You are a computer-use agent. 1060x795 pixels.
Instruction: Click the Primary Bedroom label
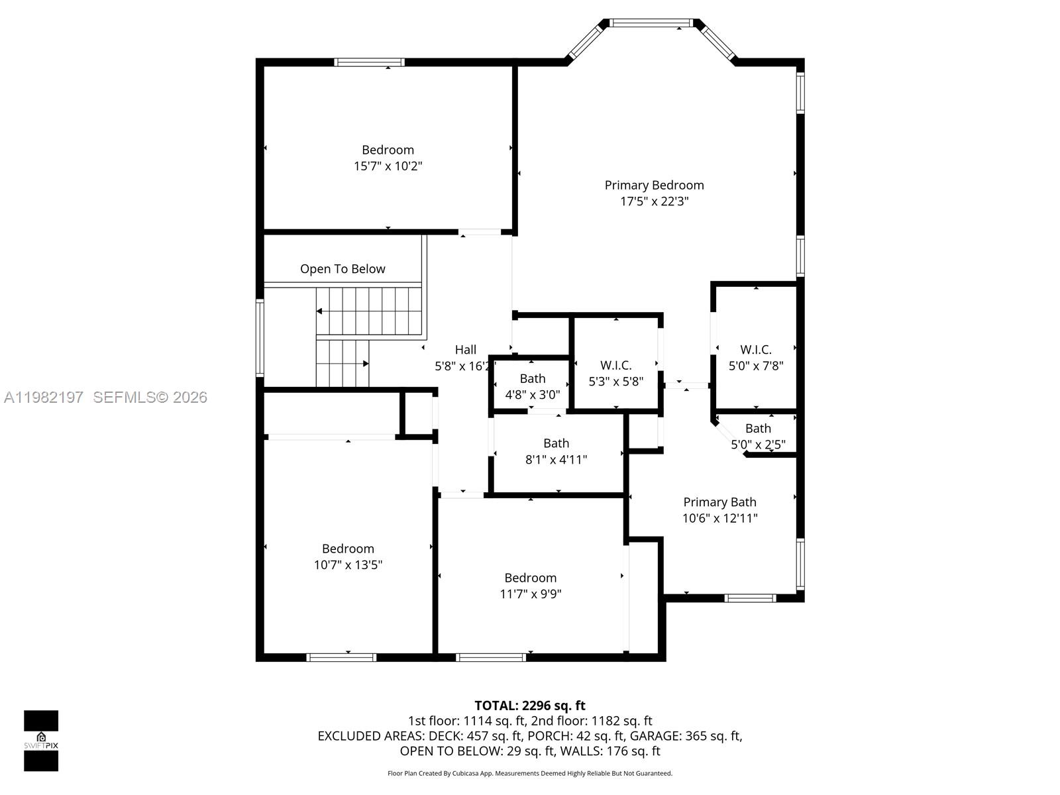coord(654,185)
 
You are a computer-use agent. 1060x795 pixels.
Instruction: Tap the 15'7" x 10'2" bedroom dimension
coord(388,166)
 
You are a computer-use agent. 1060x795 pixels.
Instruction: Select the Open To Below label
coord(343,269)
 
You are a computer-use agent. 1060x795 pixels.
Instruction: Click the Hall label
coord(465,350)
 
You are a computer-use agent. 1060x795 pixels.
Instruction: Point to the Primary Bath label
coord(719,502)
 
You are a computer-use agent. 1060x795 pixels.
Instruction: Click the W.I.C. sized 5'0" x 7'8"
coord(756,357)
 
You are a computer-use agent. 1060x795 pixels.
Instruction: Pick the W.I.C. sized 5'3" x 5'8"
coord(615,373)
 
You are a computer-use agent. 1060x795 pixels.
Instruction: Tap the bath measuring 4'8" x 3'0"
coord(532,386)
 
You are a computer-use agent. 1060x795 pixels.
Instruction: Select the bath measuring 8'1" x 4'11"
coord(556,451)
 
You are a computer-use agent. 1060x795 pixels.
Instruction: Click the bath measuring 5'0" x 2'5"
coord(758,436)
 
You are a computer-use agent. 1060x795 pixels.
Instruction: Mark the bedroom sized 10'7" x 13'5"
coord(348,556)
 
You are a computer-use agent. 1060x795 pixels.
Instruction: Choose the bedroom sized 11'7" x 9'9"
coord(530,586)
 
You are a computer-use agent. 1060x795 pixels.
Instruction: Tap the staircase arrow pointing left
coord(320,311)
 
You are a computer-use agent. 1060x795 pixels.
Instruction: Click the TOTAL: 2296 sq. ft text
coord(530,706)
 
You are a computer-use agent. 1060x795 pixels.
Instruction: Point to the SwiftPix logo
coord(41,741)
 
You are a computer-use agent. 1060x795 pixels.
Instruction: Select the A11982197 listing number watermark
coord(44,397)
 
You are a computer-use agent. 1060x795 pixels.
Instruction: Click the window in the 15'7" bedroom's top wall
coord(369,63)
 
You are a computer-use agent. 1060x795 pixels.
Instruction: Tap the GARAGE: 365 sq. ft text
coord(685,736)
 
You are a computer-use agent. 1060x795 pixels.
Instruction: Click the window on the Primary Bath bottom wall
coord(749,598)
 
